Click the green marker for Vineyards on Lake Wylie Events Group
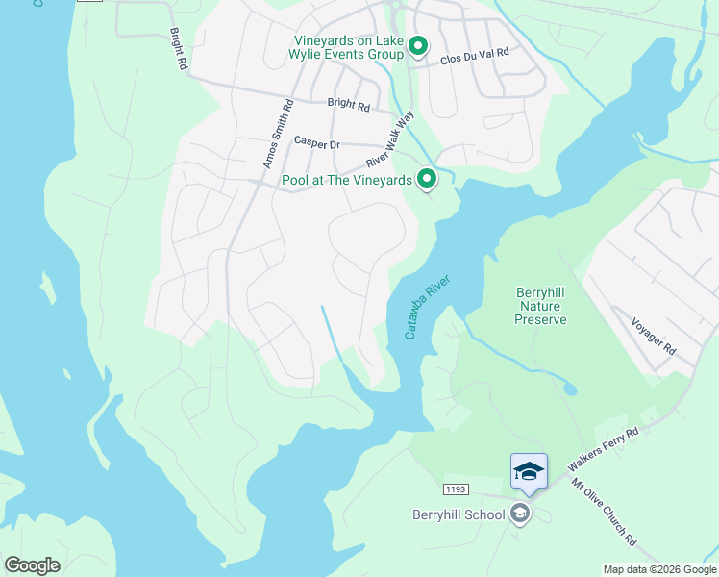point(418,45)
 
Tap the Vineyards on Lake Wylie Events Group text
point(348,47)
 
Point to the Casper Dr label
point(316,143)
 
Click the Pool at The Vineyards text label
point(346,180)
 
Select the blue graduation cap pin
point(529,472)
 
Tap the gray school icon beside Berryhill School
point(521,514)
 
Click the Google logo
point(32,564)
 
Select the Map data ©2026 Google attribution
point(659,569)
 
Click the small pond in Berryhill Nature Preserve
point(570,389)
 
